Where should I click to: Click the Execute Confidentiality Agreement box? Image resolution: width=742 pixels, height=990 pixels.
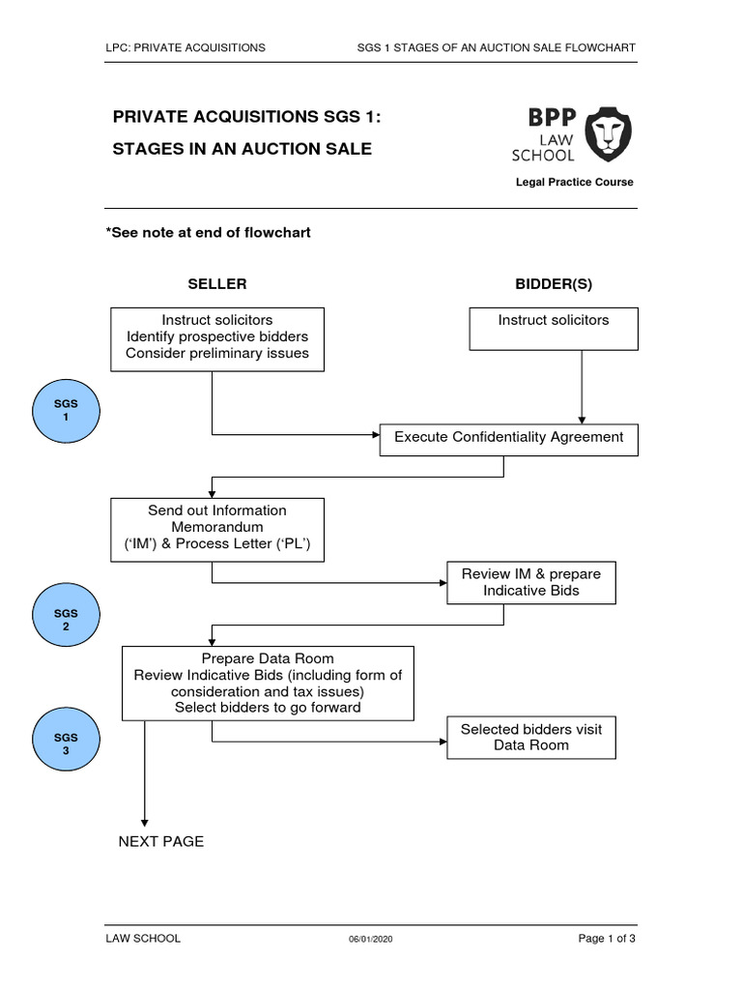tap(508, 437)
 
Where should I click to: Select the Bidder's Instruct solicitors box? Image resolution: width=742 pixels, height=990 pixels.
tap(554, 329)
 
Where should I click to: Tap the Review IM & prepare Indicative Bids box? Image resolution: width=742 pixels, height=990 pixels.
tap(530, 582)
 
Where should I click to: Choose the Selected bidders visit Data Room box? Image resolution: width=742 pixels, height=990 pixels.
tap(530, 737)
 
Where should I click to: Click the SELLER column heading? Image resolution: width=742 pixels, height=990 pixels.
tap(216, 284)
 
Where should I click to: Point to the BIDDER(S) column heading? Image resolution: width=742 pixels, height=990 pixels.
tap(554, 284)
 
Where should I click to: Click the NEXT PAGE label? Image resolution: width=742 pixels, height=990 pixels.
tap(161, 841)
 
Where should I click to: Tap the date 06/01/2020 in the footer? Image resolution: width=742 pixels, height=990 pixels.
tap(371, 939)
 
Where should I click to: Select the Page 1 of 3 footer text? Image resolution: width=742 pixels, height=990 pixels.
tap(607, 938)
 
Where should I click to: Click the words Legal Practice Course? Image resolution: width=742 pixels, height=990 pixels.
tap(575, 183)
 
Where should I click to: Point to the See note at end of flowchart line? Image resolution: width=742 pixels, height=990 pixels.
tap(208, 233)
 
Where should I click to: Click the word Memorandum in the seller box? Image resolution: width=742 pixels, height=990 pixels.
tap(216, 528)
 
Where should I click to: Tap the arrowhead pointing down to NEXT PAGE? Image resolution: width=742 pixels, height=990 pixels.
tap(144, 822)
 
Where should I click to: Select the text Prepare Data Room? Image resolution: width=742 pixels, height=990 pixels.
tap(268, 658)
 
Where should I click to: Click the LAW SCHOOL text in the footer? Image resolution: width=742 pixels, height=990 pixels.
tap(143, 938)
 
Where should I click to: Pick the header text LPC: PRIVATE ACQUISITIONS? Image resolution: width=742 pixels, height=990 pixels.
tap(185, 47)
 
